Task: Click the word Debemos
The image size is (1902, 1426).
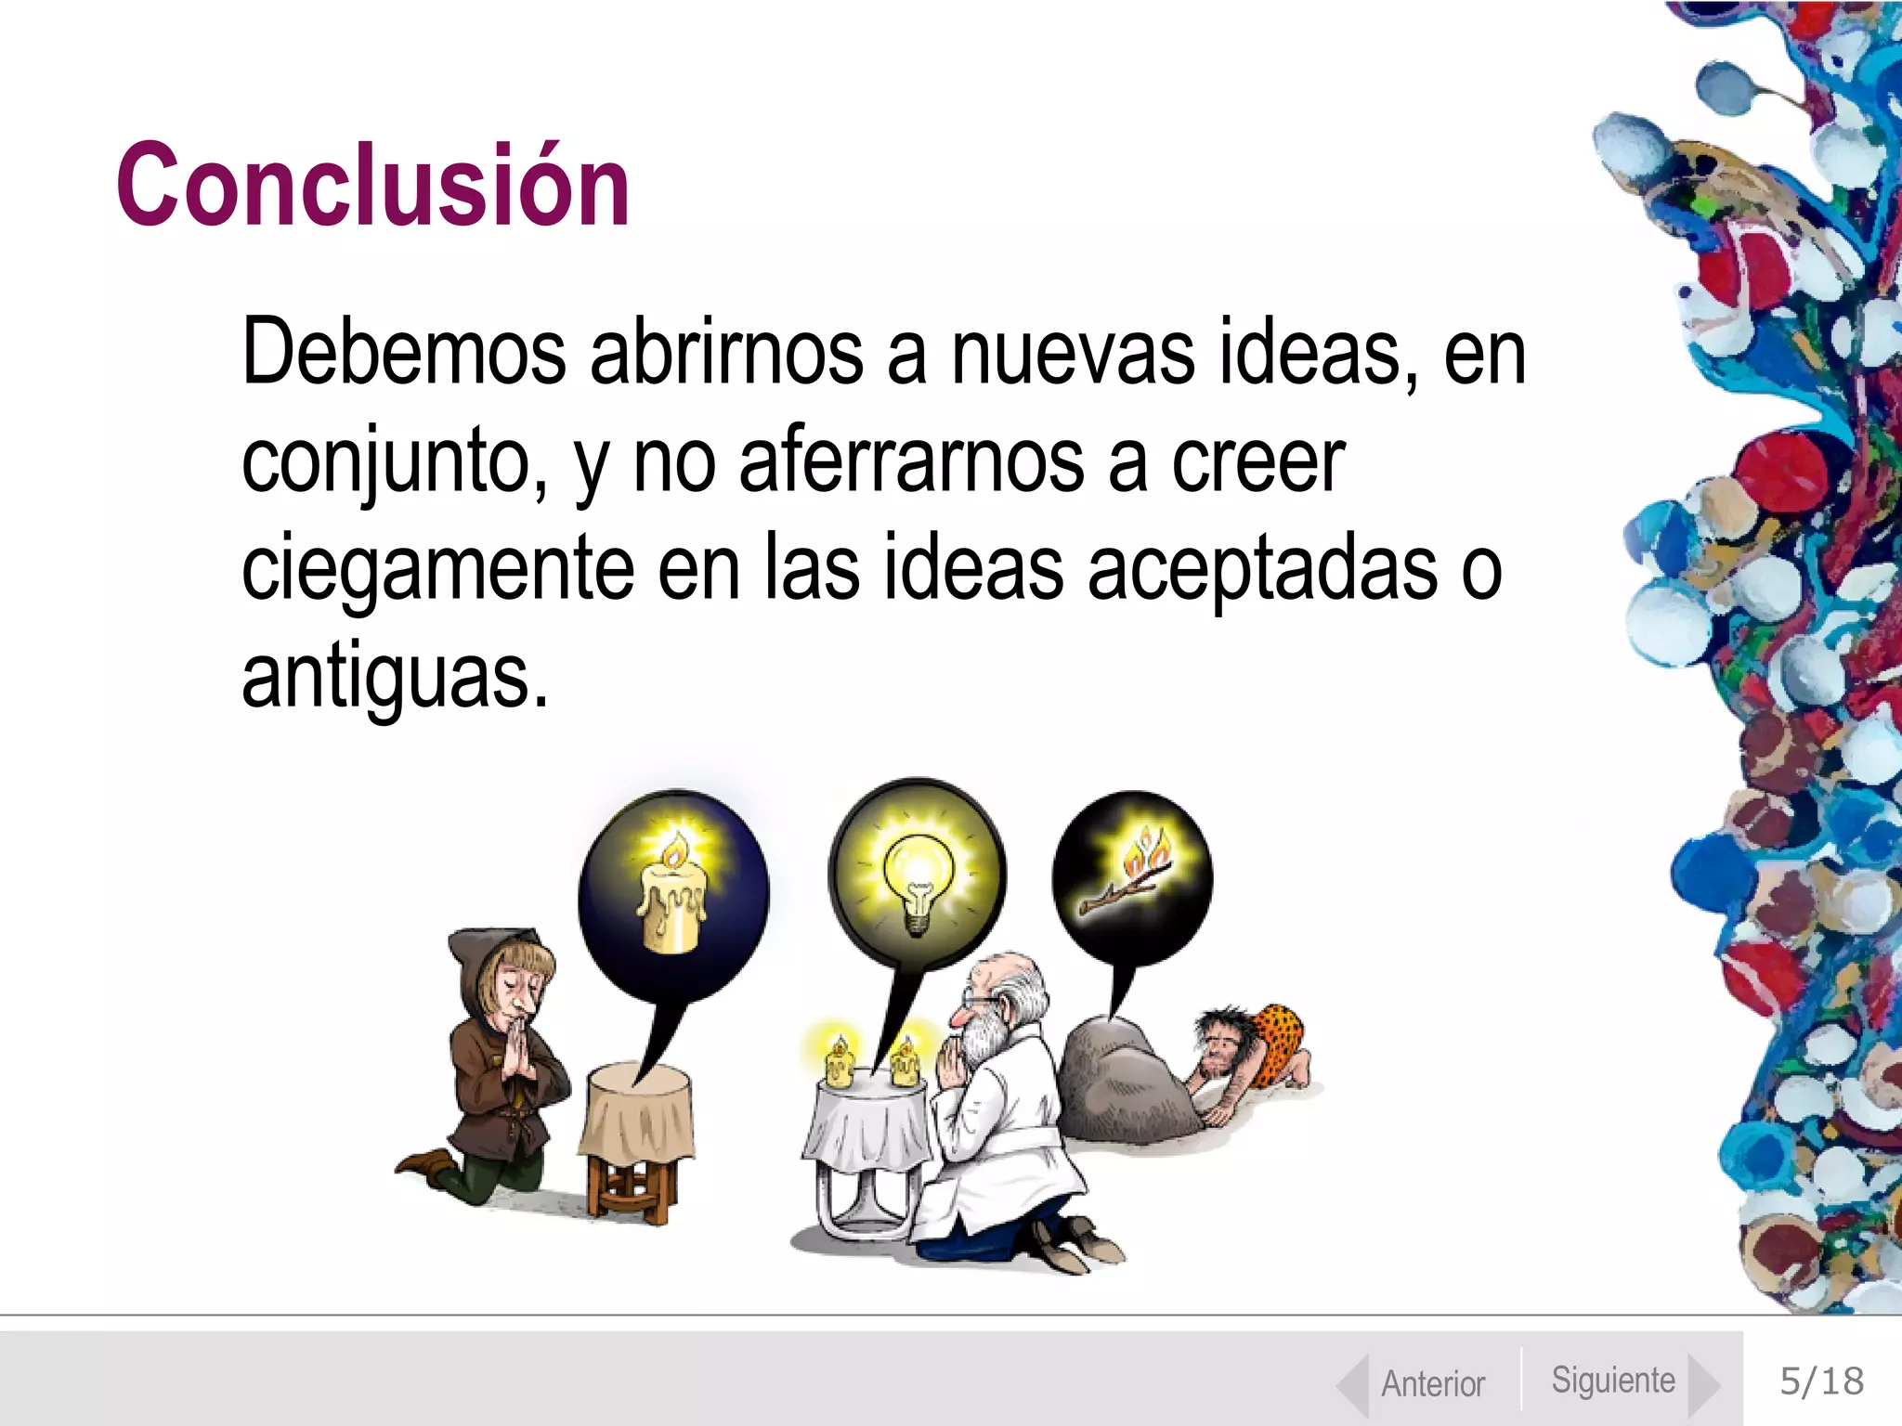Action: [403, 354]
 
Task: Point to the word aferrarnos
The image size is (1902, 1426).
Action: [911, 462]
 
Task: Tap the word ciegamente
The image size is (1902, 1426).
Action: [437, 571]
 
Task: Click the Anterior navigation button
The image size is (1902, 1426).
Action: [1431, 1383]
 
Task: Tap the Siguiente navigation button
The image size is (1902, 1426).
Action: [1614, 1381]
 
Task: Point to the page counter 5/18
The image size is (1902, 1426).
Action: [1820, 1381]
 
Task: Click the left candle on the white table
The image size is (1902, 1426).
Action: [839, 1061]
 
